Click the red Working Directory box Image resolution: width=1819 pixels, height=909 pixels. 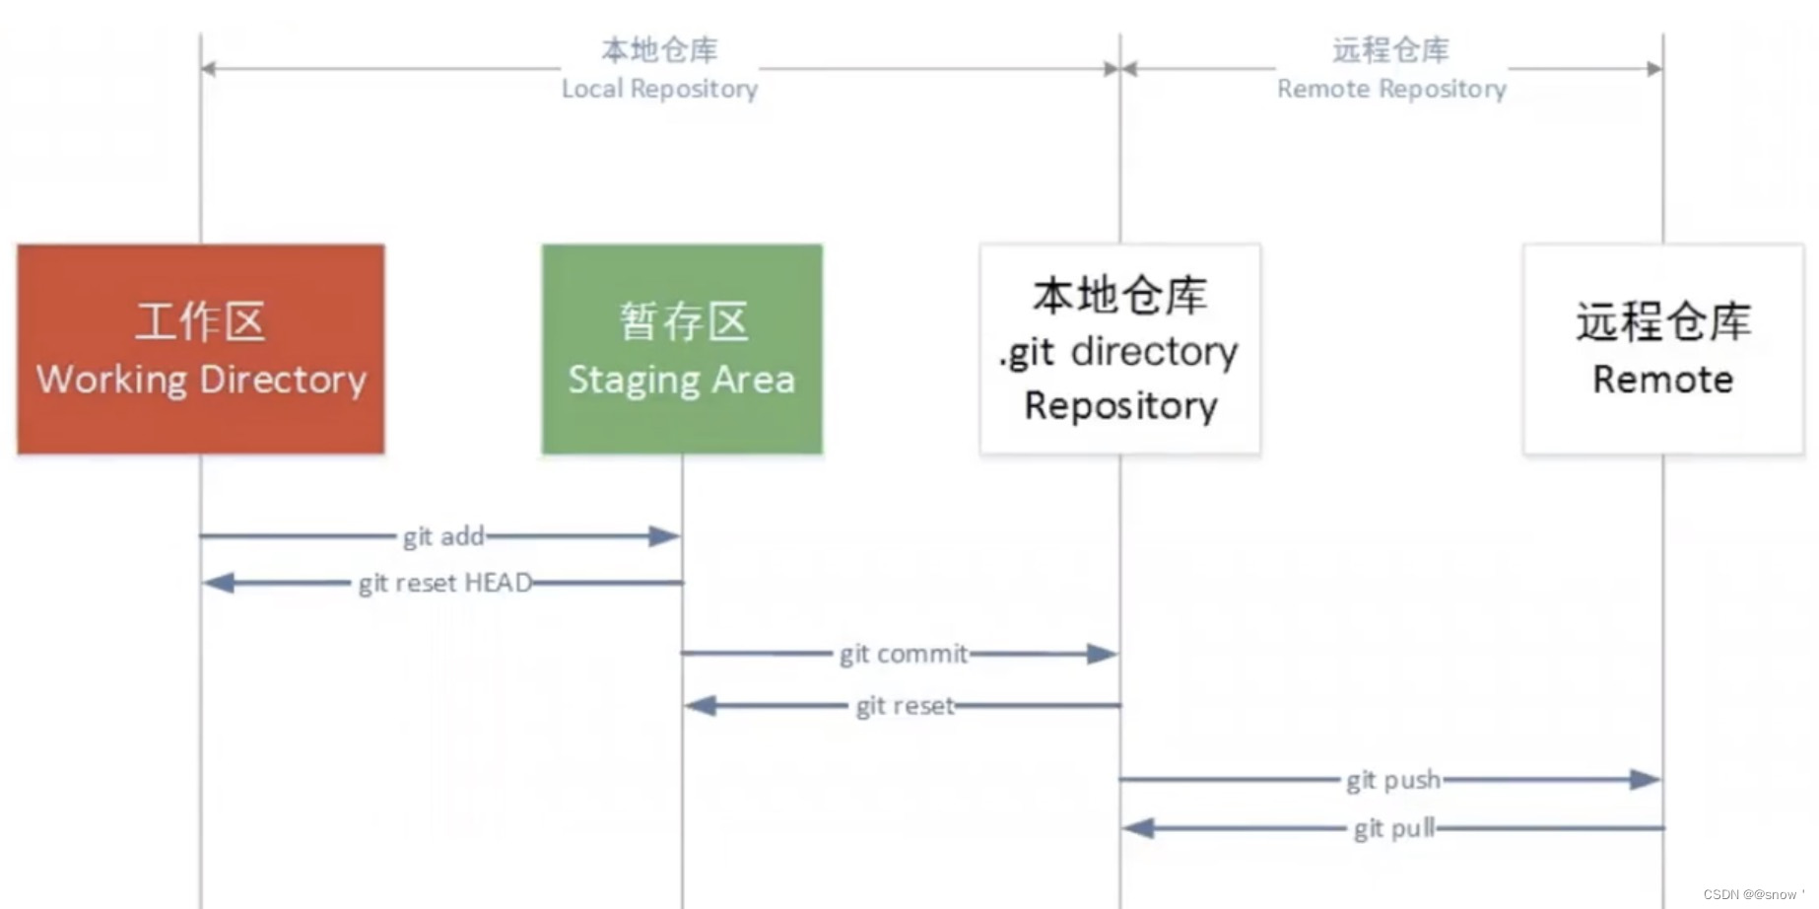pyautogui.click(x=200, y=349)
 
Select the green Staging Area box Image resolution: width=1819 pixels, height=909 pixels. pyautogui.click(x=682, y=349)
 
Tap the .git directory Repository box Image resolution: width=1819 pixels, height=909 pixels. pyautogui.click(x=1119, y=349)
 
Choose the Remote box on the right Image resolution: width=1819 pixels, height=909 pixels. pyautogui.click(x=1663, y=349)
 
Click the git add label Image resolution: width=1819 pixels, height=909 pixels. pyautogui.click(x=443, y=536)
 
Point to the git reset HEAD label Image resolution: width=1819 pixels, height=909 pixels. pyautogui.click(x=445, y=583)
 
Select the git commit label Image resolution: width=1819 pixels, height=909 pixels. pyautogui.click(x=904, y=654)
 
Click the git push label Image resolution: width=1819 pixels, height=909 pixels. pyautogui.click(x=1392, y=780)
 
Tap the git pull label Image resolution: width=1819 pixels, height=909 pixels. pyautogui.click(x=1393, y=828)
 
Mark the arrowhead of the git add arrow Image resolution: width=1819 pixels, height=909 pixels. pyautogui.click(x=665, y=536)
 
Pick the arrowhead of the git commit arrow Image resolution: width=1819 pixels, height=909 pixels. pyautogui.click(x=1102, y=654)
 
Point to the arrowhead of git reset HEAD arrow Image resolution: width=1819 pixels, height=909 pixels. pyautogui.click(x=218, y=583)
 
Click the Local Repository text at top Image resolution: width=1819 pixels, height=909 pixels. pyautogui.click(x=659, y=89)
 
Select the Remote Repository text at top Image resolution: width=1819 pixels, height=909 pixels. pyautogui.click(x=1391, y=89)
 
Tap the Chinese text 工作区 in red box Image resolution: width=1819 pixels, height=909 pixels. pyautogui.click(x=200, y=321)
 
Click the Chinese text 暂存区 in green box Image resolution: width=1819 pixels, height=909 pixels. pyautogui.click(x=683, y=321)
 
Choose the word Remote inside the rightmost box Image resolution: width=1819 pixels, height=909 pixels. pyautogui.click(x=1663, y=380)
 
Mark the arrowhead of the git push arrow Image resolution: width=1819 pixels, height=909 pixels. pyautogui.click(x=1645, y=780)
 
